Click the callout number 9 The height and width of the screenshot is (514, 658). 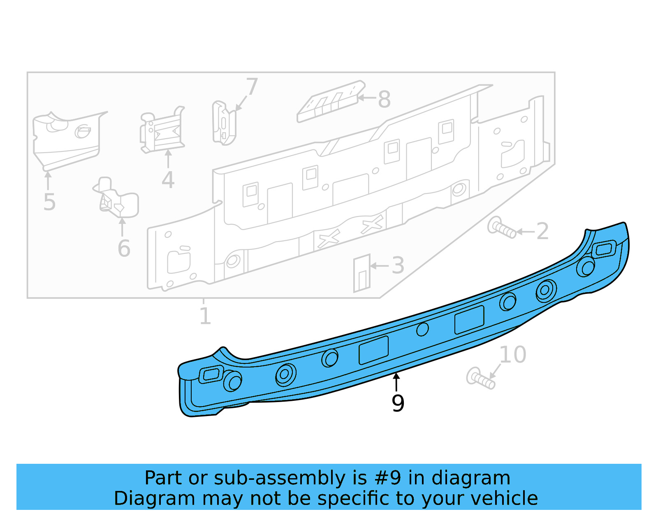[x=398, y=403]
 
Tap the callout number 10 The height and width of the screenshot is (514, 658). [x=512, y=355]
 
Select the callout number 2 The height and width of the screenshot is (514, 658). [x=542, y=231]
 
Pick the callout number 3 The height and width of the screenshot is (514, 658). [x=398, y=266]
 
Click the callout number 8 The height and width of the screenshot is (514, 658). [x=384, y=99]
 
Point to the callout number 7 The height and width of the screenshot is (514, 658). [x=251, y=87]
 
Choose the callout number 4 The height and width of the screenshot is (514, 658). [x=168, y=180]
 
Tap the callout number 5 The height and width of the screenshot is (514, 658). [x=49, y=202]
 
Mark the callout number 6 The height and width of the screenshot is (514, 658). [x=124, y=249]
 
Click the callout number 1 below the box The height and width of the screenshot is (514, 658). [x=205, y=316]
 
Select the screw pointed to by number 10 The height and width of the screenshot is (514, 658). [x=480, y=379]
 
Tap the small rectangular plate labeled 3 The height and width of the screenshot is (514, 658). [x=362, y=273]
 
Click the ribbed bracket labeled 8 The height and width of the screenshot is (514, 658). [x=331, y=101]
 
